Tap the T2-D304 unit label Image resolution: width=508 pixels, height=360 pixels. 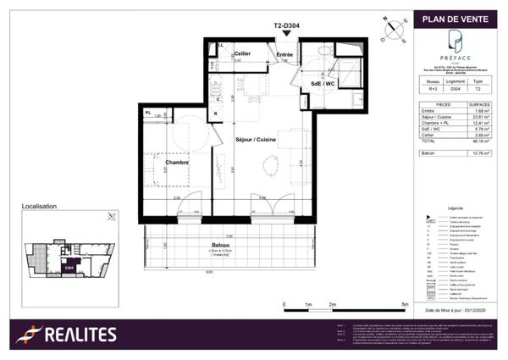coord(287,26)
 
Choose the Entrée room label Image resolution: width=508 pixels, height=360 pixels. coord(285,54)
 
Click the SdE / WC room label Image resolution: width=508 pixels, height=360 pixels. coord(324,84)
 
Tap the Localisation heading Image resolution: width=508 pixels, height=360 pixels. coord(39,206)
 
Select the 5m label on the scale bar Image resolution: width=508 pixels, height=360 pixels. coord(406,303)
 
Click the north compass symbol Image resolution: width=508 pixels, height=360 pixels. coord(392,30)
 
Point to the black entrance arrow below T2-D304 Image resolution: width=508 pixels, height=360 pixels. coord(287,35)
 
